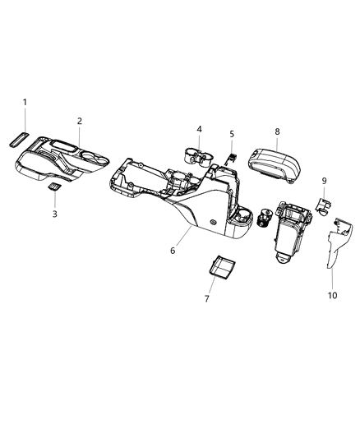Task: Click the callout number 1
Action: coord(25,102)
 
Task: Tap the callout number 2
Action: coord(80,122)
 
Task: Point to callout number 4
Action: coord(199,129)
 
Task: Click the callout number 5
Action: coord(232,133)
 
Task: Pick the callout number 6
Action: coord(173,250)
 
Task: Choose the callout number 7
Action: coord(206,298)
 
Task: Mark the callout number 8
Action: coord(277,131)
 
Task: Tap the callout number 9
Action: coord(324,181)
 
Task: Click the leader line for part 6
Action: coord(183,236)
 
